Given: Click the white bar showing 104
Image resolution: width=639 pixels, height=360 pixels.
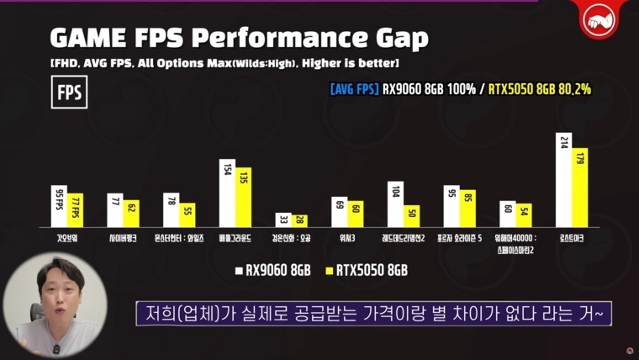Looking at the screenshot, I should (x=395, y=204).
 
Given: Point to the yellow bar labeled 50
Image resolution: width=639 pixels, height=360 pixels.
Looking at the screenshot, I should (x=411, y=216).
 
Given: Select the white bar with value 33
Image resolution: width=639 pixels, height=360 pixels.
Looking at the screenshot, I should (x=283, y=220).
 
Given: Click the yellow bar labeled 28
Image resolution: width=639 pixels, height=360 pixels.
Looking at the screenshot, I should (x=299, y=220).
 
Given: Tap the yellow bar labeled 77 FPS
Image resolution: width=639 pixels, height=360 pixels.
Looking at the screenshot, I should (x=75, y=209).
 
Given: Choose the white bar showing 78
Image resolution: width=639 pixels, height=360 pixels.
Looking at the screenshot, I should (x=171, y=209).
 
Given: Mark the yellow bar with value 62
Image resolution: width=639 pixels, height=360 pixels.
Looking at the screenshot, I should (x=131, y=213).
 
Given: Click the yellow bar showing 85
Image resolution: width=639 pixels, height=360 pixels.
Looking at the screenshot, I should (x=467, y=209).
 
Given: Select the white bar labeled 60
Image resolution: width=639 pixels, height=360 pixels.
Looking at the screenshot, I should (x=507, y=214).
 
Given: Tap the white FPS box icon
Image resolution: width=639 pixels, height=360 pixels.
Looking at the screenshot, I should (x=69, y=93).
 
